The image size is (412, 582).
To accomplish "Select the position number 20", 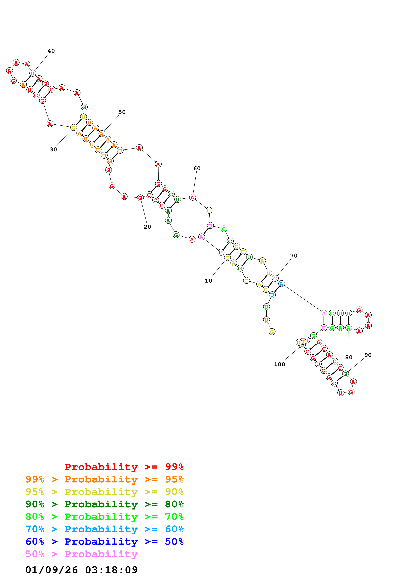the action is pyautogui.click(x=147, y=227).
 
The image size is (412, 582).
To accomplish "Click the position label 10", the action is pyautogui.click(x=208, y=281).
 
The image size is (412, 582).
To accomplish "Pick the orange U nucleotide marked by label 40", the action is pyautogui.click(x=33, y=73).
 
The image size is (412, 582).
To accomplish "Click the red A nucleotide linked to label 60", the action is pyautogui.click(x=192, y=197).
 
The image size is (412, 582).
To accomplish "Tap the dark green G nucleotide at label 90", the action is pyautogui.click(x=345, y=374).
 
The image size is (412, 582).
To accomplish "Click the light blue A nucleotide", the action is pyautogui.click(x=282, y=284).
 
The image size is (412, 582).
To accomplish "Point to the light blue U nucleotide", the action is pyautogui.click(x=272, y=295).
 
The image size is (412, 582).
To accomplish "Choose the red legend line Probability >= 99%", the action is pyautogui.click(x=124, y=467).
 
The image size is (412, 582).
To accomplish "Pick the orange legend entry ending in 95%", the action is pyautogui.click(x=104, y=479).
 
